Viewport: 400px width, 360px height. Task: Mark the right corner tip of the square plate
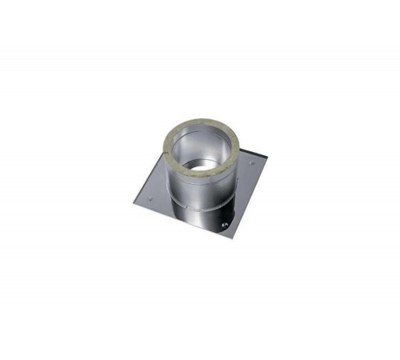267,158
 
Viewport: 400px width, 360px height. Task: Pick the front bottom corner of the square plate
231,238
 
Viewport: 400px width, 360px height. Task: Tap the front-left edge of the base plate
180,218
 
